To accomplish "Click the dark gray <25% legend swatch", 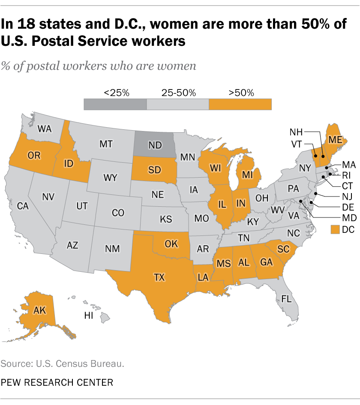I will pyautogui.click(x=115, y=104).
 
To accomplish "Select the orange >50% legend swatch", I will pyautogui.click(x=240, y=104).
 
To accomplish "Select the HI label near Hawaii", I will pyautogui.click(x=89, y=316).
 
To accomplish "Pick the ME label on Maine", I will pyautogui.click(x=336, y=140).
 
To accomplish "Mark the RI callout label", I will pyautogui.click(x=347, y=175).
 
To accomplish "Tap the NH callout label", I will pyautogui.click(x=297, y=131).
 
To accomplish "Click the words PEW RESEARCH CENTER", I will pyautogui.click(x=57, y=382).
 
